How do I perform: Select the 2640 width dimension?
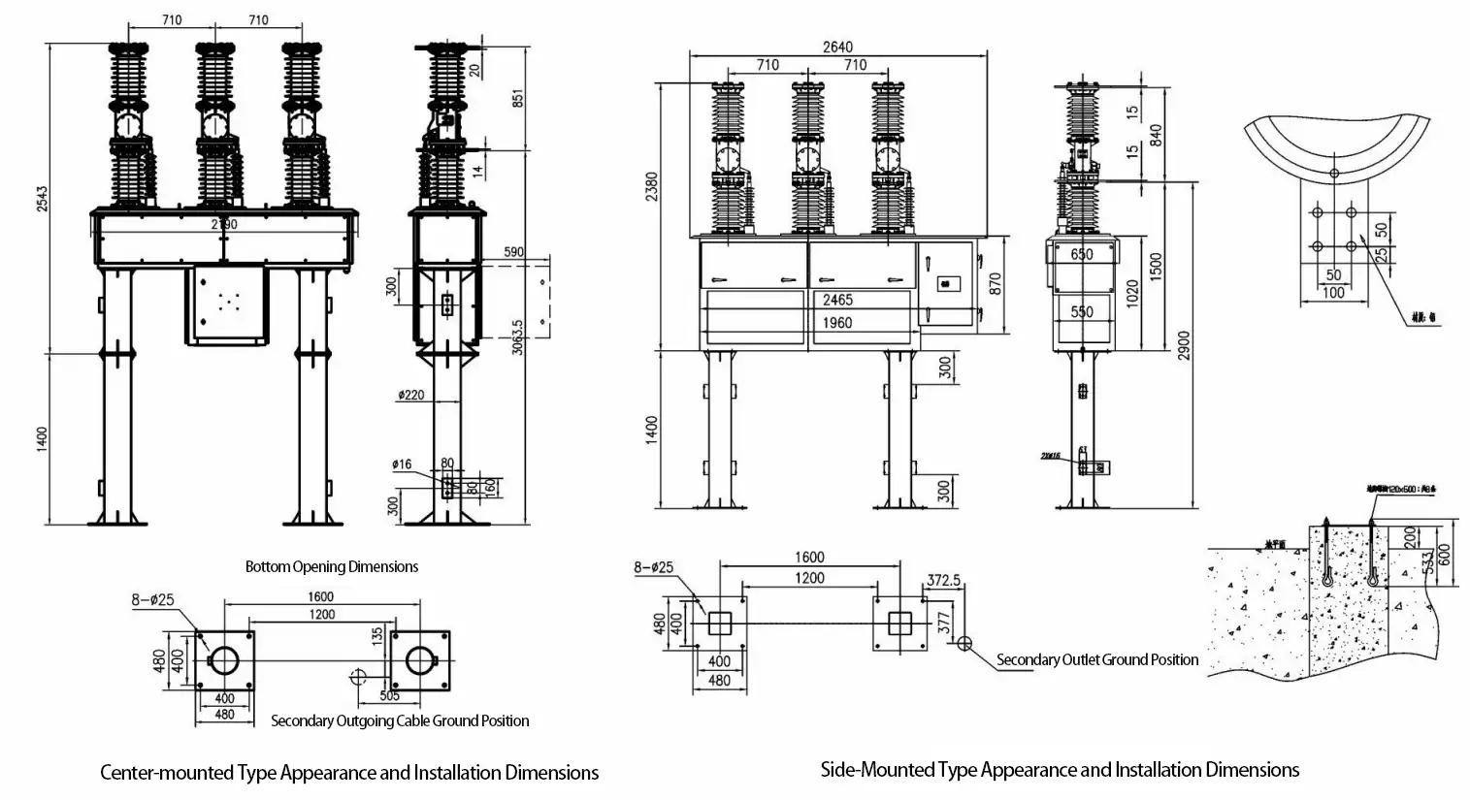point(837,47)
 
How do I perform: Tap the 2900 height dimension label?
point(1183,344)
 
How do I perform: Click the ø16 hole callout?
point(403,464)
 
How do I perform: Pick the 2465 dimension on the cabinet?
point(837,300)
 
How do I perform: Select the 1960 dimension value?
point(836,322)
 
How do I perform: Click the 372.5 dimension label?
point(943,580)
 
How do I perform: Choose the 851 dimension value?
point(518,99)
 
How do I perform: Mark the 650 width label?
point(1081,254)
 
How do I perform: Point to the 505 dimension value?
point(388,695)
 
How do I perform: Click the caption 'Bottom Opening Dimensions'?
point(332,566)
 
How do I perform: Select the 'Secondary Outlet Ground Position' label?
point(1097,659)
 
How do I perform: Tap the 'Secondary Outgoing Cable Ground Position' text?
point(400,720)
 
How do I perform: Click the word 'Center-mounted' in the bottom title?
point(167,773)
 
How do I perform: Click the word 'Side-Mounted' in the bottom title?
point(877,770)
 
